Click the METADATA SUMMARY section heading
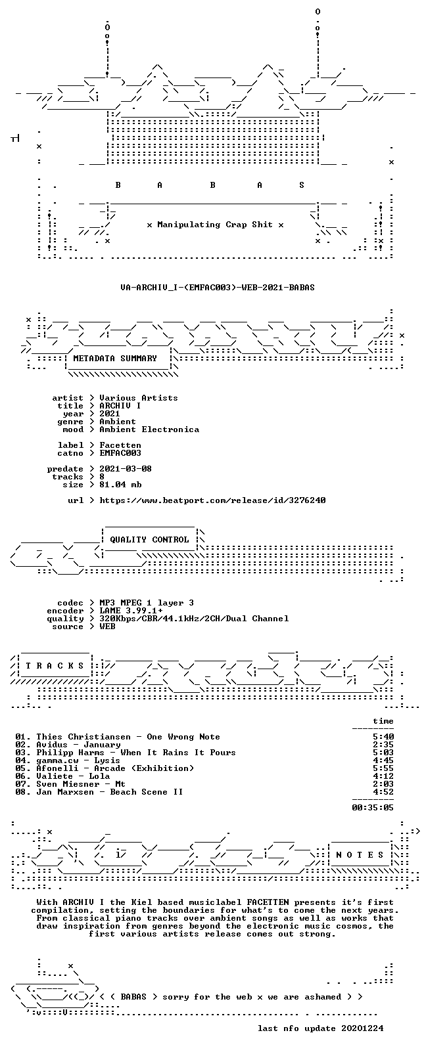point(114,359)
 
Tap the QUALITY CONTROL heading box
point(149,539)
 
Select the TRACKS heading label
point(55,666)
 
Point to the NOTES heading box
point(360,854)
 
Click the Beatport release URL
point(212,500)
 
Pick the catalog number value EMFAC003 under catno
point(120,453)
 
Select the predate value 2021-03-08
point(126,469)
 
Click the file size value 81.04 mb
point(120,485)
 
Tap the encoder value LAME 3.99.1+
point(131,611)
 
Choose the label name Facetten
point(120,445)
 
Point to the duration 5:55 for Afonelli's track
point(383,768)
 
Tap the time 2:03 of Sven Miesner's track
point(383,784)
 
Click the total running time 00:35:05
point(373,808)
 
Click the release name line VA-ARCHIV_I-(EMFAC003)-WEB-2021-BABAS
point(218,287)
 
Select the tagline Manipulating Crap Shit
point(215,225)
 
